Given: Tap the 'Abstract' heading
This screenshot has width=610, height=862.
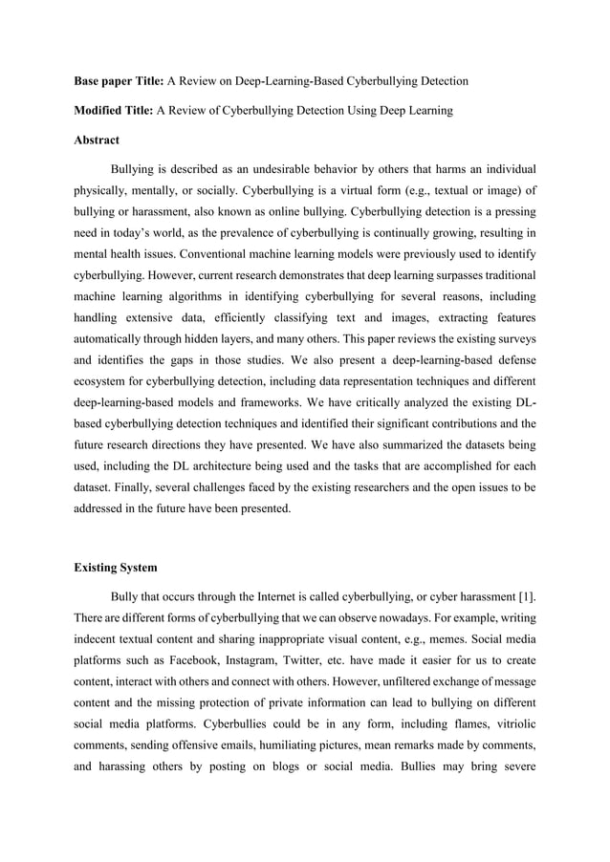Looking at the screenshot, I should click(98, 140).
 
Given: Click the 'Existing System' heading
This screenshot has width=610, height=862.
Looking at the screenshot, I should click(116, 568).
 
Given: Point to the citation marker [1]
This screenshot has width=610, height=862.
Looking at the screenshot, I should click(525, 596).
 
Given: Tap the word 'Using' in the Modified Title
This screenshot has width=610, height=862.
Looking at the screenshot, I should click(364, 111).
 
